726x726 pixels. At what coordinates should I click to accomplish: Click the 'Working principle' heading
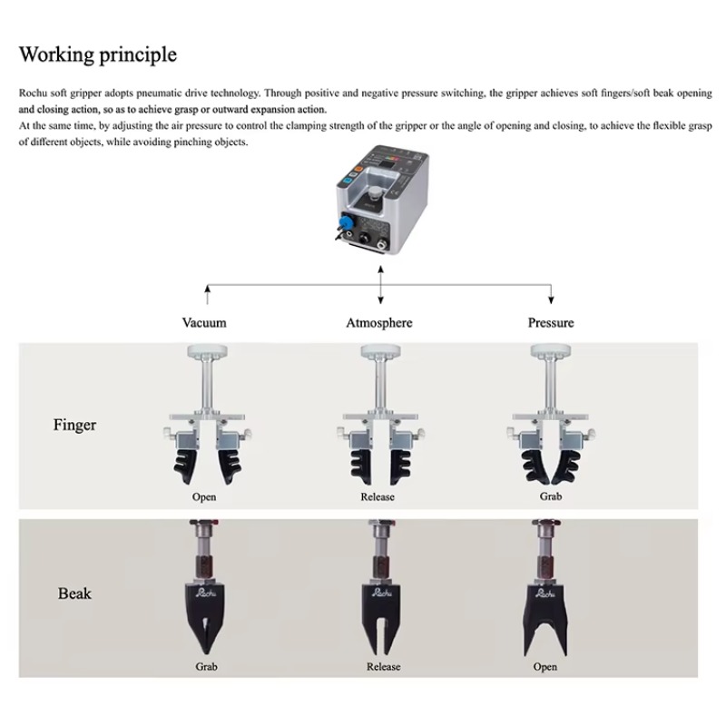click(98, 54)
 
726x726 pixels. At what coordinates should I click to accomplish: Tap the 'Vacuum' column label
click(204, 323)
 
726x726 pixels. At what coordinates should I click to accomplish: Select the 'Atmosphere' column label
click(379, 323)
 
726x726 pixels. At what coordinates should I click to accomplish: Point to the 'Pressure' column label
click(551, 323)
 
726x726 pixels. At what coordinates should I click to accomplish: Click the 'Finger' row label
click(74, 425)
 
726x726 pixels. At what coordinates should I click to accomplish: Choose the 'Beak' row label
click(74, 594)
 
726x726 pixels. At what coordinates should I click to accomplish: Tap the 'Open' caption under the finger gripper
click(204, 496)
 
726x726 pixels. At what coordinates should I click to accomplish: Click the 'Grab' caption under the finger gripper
click(551, 496)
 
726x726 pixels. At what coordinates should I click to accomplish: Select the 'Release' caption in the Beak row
click(383, 667)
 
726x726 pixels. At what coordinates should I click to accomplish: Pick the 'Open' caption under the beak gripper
click(545, 667)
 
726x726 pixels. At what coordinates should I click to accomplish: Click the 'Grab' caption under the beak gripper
click(206, 667)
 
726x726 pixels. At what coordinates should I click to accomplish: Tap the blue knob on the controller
click(344, 221)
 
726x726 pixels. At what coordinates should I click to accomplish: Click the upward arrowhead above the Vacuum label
click(208, 289)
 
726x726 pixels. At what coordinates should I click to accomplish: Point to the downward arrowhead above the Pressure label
click(551, 300)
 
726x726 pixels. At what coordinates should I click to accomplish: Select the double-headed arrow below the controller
click(380, 285)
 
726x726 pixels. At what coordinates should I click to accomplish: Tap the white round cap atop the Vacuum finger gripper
click(207, 350)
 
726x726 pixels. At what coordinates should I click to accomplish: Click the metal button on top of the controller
click(376, 191)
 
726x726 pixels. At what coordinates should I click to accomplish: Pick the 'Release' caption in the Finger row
click(378, 496)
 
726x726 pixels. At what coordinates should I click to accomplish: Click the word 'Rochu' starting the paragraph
click(33, 93)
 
